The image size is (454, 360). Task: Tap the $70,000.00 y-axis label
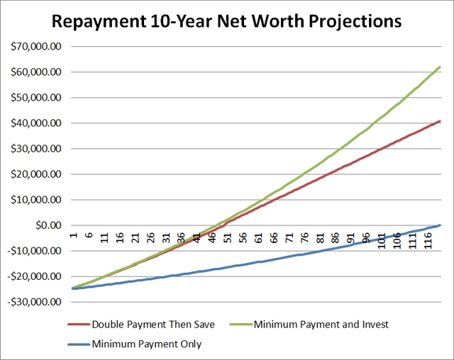tap(33, 47)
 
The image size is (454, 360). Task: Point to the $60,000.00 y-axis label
tap(33, 72)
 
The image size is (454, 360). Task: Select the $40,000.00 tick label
tap(33, 123)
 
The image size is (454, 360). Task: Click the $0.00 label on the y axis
tap(47, 225)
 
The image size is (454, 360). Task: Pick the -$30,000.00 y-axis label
tap(32, 302)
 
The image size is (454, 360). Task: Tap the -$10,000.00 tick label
tap(32, 251)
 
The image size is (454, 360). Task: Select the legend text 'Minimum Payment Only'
tap(146, 344)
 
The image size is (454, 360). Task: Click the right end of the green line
tap(441, 67)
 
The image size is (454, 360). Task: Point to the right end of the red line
tap(441, 121)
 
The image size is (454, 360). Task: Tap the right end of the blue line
tap(441, 225)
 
